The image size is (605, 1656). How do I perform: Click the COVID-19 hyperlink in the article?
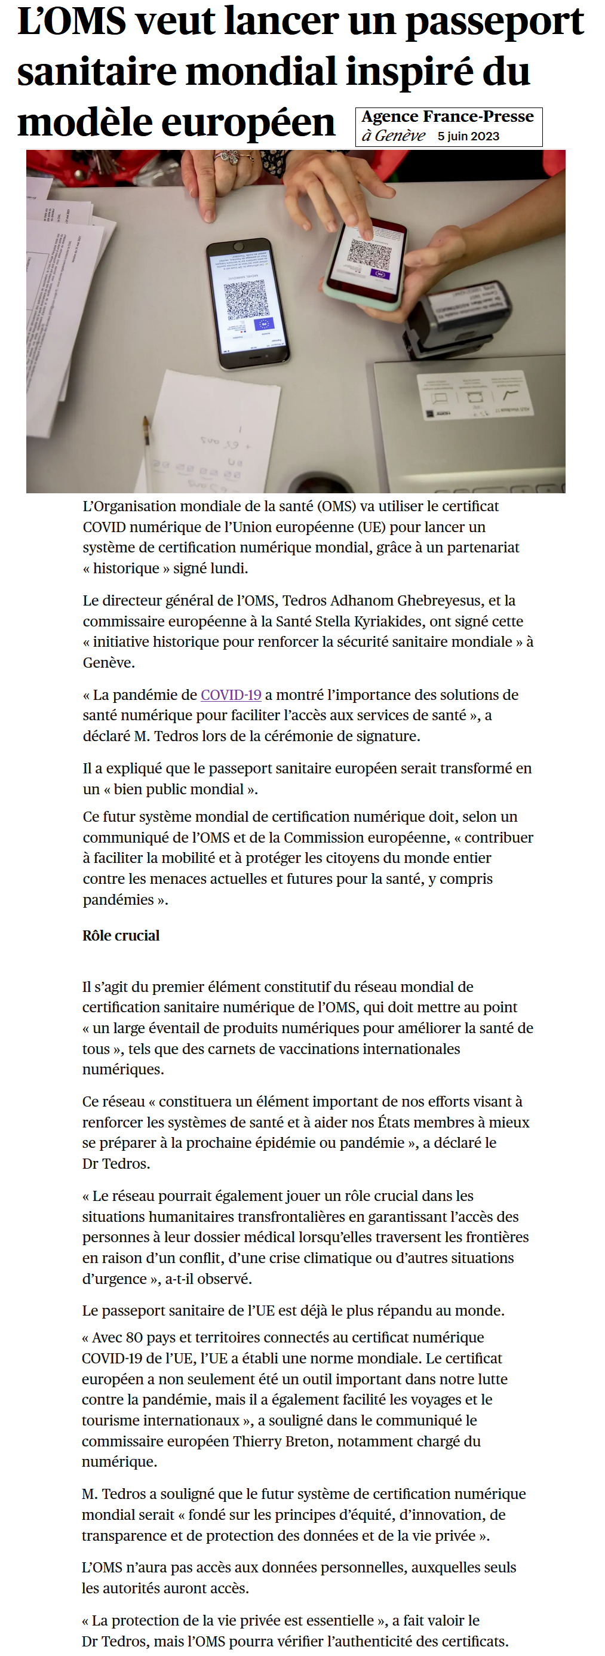click(231, 695)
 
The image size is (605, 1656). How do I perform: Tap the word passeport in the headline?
click(495, 22)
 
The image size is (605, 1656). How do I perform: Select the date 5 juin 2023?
click(468, 136)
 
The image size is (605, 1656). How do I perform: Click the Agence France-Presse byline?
click(447, 117)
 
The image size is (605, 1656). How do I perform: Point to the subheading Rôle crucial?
click(121, 935)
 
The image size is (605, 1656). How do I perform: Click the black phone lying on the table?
click(247, 304)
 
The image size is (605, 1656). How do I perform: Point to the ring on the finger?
click(226, 156)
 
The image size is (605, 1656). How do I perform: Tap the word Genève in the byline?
click(400, 136)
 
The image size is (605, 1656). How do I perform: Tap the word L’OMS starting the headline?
click(71, 22)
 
